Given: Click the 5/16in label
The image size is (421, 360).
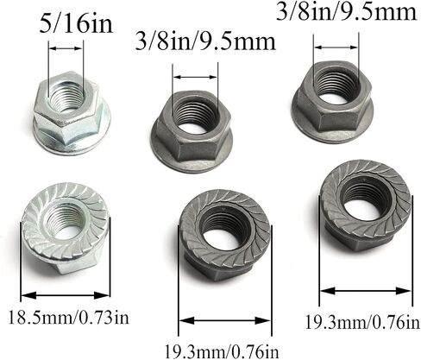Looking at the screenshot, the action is (76, 24).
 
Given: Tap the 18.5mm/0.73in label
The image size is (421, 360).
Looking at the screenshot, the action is (69, 318).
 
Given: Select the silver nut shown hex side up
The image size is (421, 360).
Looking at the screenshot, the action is (72, 113).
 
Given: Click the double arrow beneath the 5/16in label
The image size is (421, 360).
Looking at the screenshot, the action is (66, 48).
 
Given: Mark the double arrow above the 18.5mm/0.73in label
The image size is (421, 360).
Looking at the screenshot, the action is (66, 295).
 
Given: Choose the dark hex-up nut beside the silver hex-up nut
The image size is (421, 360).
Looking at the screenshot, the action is (192, 132).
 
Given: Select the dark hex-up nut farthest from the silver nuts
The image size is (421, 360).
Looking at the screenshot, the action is (332, 102).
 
